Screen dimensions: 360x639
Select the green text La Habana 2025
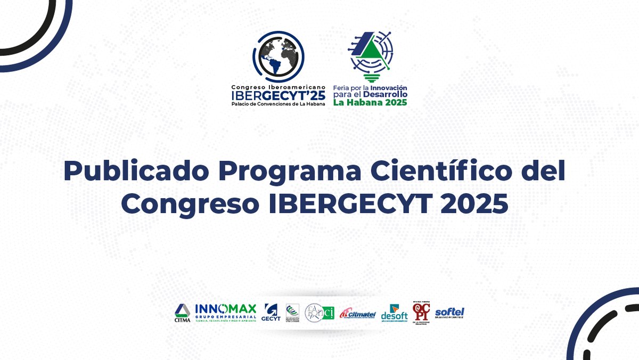[370, 102]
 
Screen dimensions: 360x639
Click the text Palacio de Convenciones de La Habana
[277, 104]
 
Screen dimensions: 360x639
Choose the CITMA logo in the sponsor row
[182, 313]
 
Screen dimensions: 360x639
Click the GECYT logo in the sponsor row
[271, 313]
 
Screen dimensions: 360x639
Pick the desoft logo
[394, 313]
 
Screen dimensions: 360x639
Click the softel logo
[449, 313]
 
